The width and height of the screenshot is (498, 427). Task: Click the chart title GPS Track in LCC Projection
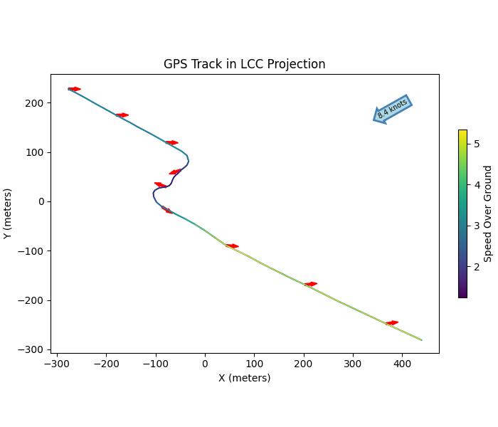tap(244, 64)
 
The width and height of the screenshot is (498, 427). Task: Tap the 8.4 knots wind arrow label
tap(393, 109)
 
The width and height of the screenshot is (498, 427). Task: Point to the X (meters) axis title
tap(244, 378)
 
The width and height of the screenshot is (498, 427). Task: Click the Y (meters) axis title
tap(8, 213)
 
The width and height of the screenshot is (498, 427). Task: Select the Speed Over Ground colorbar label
tap(488, 213)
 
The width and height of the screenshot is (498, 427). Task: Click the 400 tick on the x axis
tap(402, 363)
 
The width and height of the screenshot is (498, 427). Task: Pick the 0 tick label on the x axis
tap(205, 363)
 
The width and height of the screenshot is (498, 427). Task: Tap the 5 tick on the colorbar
tap(477, 144)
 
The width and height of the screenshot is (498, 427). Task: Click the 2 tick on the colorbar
tap(477, 267)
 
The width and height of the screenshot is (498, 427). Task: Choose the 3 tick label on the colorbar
tap(477, 226)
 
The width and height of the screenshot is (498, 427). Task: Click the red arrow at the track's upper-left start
tap(74, 89)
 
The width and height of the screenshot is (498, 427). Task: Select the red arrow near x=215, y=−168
tap(311, 284)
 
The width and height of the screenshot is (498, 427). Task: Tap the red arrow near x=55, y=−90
tap(232, 246)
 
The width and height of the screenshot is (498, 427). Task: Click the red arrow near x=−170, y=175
tap(122, 115)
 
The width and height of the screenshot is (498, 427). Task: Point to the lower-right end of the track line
tap(422, 340)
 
